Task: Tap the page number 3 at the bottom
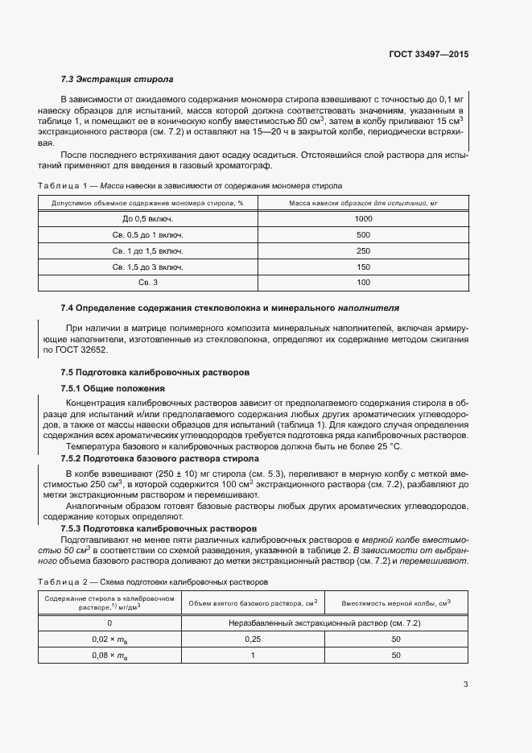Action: click(466, 685)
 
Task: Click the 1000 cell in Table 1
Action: click(363, 219)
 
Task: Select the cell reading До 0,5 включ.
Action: click(148, 219)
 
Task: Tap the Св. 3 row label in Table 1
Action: click(148, 282)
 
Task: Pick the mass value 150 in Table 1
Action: click(363, 267)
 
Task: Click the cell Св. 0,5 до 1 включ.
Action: click(148, 235)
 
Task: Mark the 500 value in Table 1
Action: click(363, 235)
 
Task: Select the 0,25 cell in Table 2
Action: click(252, 639)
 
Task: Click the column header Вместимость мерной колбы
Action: click(395, 602)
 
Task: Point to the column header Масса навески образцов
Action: click(363, 203)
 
